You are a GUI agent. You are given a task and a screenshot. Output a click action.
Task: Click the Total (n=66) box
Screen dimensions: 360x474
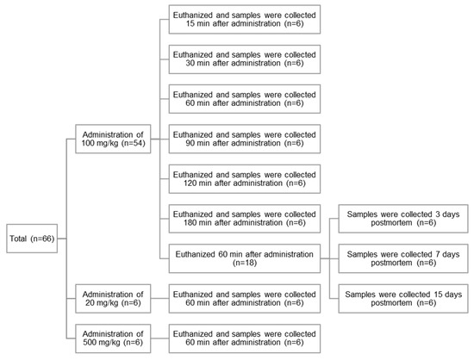pos(33,238)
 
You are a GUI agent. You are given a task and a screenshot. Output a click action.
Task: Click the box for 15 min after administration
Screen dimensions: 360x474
pos(244,21)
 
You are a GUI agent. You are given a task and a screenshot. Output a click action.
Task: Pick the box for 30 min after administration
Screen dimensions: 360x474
pos(244,59)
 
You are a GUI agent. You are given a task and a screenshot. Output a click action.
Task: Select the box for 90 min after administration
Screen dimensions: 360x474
pos(244,138)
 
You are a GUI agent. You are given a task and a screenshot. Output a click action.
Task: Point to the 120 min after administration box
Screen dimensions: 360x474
pos(244,177)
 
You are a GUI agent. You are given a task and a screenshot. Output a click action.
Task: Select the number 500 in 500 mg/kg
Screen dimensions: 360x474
pos(91,342)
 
